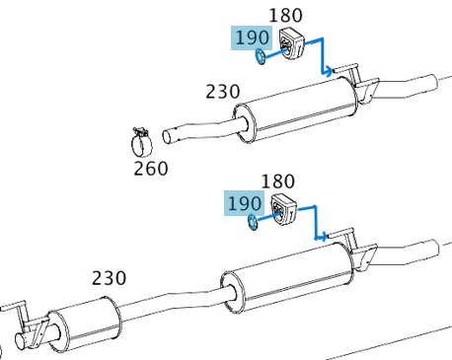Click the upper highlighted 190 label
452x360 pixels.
point(252,37)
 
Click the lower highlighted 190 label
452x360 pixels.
point(244,203)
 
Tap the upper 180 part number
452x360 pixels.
point(285,16)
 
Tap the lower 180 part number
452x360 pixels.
point(278,181)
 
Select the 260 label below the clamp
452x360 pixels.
point(151,169)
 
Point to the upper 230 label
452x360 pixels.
point(223,92)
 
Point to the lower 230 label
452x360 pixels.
point(109,278)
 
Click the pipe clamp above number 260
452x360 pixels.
point(142,141)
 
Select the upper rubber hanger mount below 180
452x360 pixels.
point(291,43)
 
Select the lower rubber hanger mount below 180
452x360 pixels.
point(283,209)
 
